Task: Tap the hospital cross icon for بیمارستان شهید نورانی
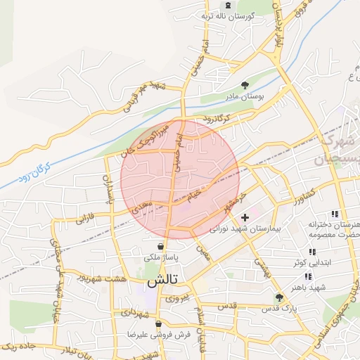point(245,218)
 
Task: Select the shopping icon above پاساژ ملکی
point(162,247)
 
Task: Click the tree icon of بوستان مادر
point(244,84)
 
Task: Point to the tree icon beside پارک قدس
point(280,297)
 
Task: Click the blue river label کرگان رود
point(35,169)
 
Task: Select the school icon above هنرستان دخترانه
point(335,214)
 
